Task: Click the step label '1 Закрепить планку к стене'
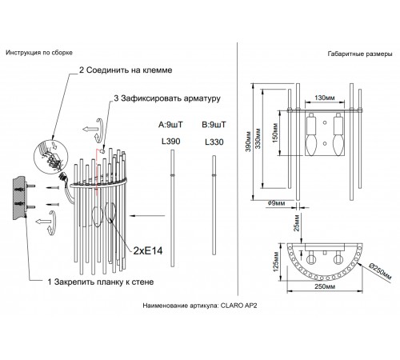click(x=95, y=282)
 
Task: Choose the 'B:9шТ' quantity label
click(x=215, y=124)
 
